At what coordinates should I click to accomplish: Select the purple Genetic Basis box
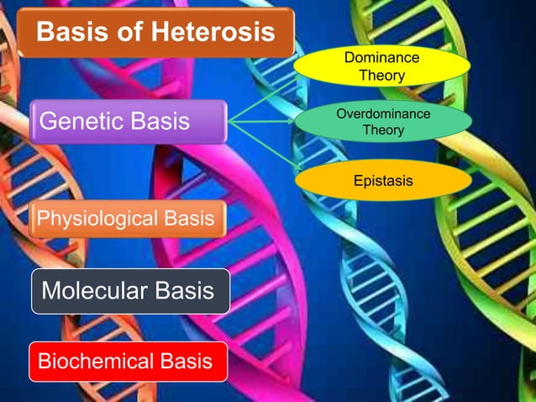128,122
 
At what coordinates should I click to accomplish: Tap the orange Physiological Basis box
128,219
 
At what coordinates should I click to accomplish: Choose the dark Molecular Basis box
130,291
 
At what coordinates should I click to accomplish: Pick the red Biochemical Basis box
128,362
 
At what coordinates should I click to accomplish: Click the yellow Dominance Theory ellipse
381,66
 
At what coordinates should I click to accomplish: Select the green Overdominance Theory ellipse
382,122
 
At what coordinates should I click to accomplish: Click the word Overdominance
382,114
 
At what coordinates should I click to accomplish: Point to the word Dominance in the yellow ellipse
382,58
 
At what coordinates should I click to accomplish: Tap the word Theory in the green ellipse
382,130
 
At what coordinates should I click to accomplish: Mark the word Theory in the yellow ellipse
382,76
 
